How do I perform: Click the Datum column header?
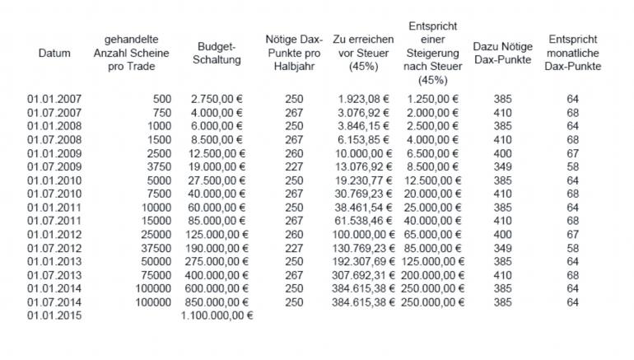coord(54,54)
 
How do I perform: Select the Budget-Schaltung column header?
coord(217,54)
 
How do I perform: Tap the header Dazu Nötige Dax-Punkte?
coord(503,54)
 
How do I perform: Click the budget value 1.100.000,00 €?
coord(217,315)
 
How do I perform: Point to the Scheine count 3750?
coord(160,166)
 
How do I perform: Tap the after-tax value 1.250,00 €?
coord(434,99)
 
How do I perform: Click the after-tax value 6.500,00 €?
coord(434,153)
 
